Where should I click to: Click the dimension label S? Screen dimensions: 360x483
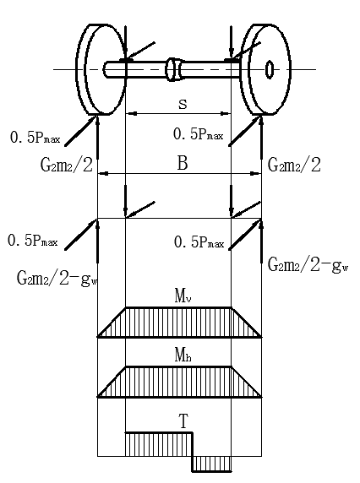pos(183,105)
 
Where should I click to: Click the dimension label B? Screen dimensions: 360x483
pos(183,163)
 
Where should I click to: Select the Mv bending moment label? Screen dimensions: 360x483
pos(183,296)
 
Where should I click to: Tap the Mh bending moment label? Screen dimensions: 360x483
pos(183,355)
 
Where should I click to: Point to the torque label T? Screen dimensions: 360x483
pos(183,421)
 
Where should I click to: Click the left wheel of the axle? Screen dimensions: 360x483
pos(101,69)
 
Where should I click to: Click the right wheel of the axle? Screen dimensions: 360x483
pos(265,69)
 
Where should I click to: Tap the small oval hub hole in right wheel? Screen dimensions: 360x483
pos(270,69)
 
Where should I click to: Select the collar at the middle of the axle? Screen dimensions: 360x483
pos(173,69)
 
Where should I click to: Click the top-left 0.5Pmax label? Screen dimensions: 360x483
pos(35,138)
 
